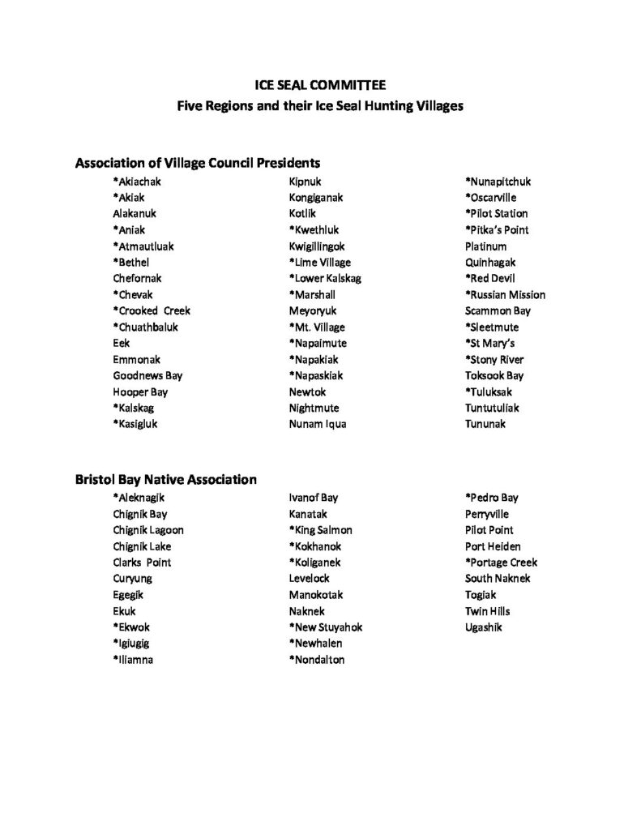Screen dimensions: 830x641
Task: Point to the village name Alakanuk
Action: pos(135,214)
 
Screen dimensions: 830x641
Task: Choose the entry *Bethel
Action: pos(131,263)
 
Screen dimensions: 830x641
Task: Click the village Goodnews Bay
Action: pos(147,376)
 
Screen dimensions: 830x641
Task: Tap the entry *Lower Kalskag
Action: pos(325,279)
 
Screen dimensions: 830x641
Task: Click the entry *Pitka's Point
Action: pos(497,230)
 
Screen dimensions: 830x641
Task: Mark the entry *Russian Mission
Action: pos(505,295)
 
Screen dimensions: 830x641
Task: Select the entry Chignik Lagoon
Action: pos(148,530)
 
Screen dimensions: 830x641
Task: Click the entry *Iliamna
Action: pos(134,660)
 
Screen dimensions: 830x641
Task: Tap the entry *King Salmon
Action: pos(321,530)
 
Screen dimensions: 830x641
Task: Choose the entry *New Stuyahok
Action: pos(326,627)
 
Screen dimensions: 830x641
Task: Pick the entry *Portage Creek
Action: pos(501,563)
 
